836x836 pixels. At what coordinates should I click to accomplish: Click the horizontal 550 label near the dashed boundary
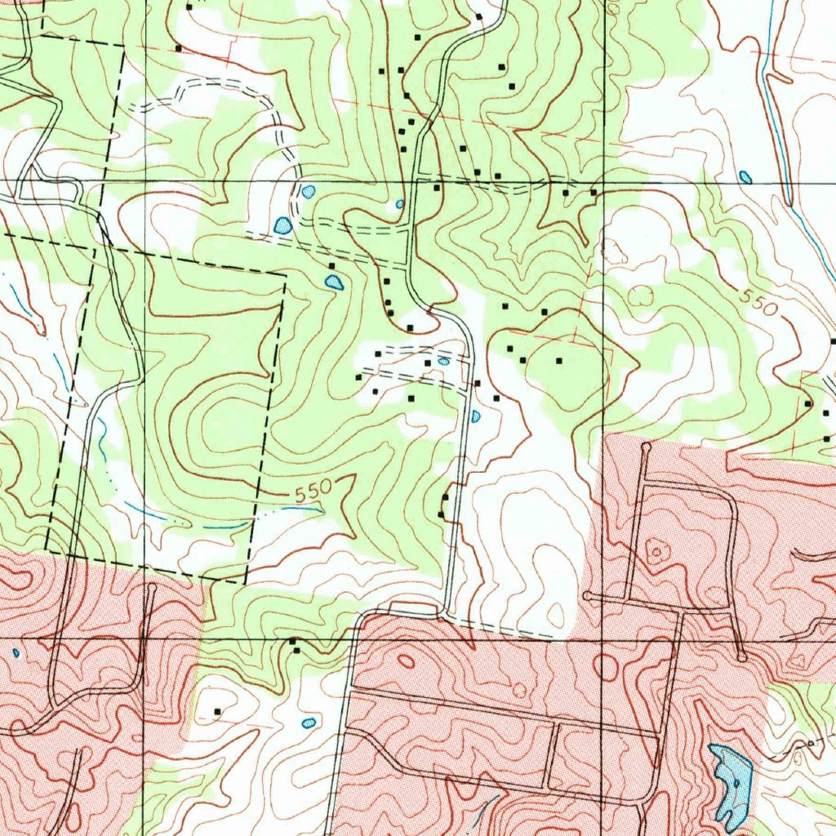[x=312, y=492]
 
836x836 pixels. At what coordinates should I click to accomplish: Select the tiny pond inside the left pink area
[x=16, y=653]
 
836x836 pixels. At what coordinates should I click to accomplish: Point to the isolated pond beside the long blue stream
[x=745, y=176]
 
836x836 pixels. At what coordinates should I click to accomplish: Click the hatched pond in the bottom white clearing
[x=308, y=723]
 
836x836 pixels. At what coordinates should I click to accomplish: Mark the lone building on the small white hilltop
[x=217, y=712]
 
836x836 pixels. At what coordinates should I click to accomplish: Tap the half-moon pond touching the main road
[x=476, y=416]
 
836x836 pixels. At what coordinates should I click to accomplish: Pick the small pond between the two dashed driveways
[x=442, y=361]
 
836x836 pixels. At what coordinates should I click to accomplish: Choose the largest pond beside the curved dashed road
[x=282, y=225]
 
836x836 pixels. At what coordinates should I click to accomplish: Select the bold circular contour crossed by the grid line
[x=606, y=667]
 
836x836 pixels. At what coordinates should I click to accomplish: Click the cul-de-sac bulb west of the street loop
[x=588, y=597]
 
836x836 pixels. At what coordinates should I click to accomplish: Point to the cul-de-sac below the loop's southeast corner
[x=740, y=656]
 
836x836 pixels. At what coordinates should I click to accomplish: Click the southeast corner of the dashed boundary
[x=246, y=581]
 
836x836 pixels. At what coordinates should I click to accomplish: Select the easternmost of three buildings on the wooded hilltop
[x=559, y=360]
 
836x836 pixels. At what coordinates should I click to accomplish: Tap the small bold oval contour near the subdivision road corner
[x=405, y=661]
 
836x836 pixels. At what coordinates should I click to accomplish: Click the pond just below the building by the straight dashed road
[x=334, y=282]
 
